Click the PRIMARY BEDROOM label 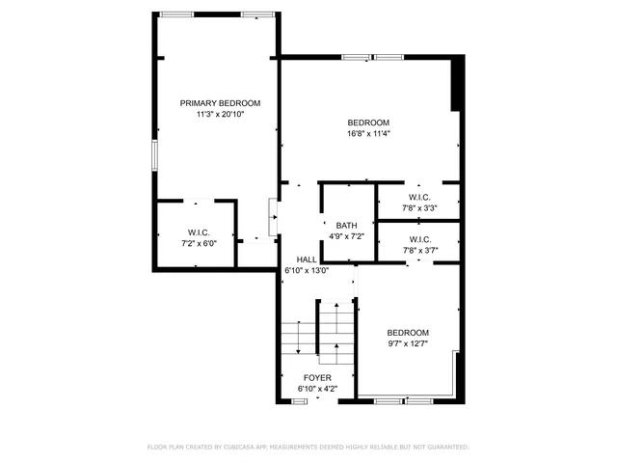[220, 103]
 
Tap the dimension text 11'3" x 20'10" [220, 114]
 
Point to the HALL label [307, 259]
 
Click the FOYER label [317, 377]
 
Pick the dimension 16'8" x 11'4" [368, 133]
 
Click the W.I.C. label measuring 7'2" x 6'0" [199, 232]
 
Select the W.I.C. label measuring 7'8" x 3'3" [419, 197]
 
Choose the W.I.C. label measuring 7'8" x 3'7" [419, 239]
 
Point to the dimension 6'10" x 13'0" [307, 271]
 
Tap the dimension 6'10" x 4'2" [317, 389]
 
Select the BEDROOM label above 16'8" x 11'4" [368, 123]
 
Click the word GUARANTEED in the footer [443, 447]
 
